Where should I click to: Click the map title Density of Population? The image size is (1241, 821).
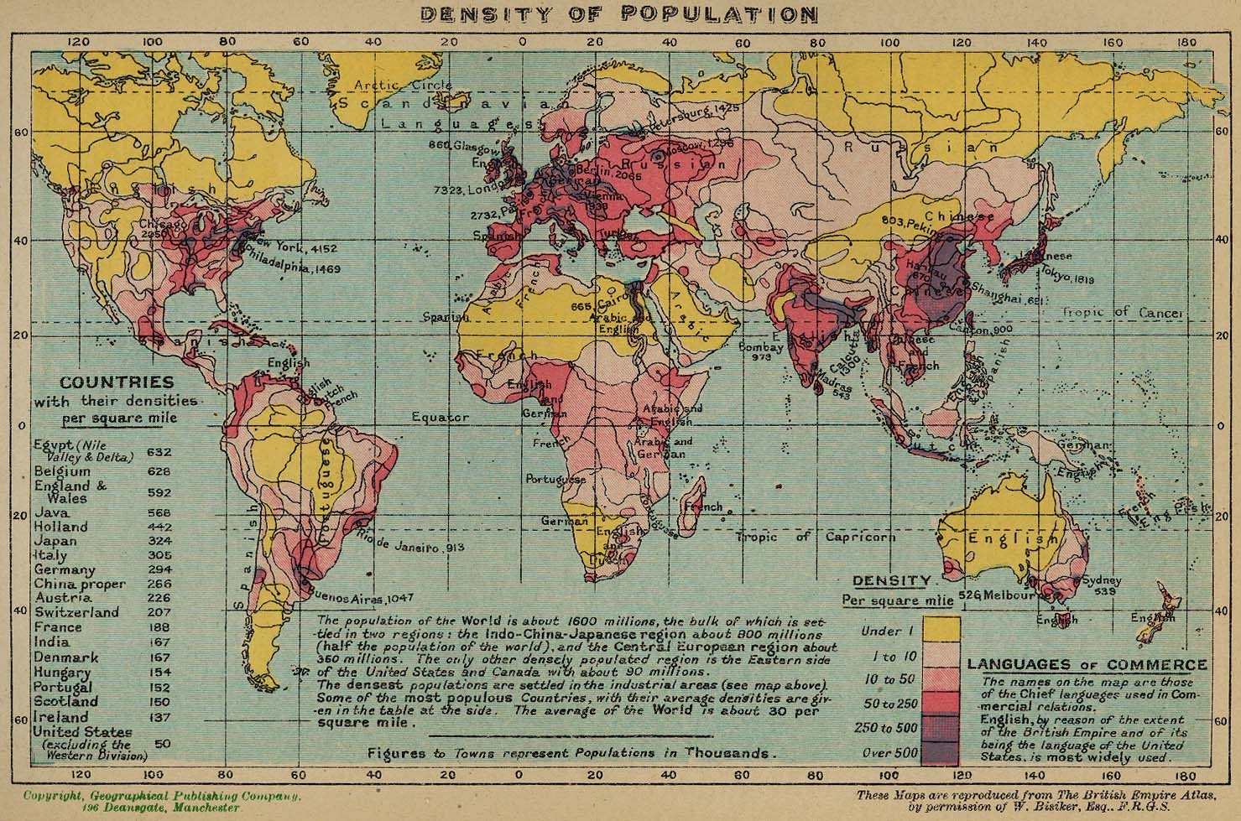click(619, 14)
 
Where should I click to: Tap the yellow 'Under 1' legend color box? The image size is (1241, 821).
click(941, 631)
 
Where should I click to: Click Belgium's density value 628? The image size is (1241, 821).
click(159, 471)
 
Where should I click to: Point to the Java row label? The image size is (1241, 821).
click(52, 512)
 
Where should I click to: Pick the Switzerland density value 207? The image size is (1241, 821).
click(159, 612)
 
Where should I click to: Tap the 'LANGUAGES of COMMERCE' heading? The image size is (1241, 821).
click(1087, 665)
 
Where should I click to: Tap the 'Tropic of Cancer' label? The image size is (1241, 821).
click(1123, 313)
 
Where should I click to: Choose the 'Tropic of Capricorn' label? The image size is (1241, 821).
click(816, 537)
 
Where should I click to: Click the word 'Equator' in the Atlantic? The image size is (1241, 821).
click(441, 416)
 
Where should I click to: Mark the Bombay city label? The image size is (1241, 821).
click(761, 346)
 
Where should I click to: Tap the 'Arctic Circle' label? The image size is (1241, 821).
click(402, 85)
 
